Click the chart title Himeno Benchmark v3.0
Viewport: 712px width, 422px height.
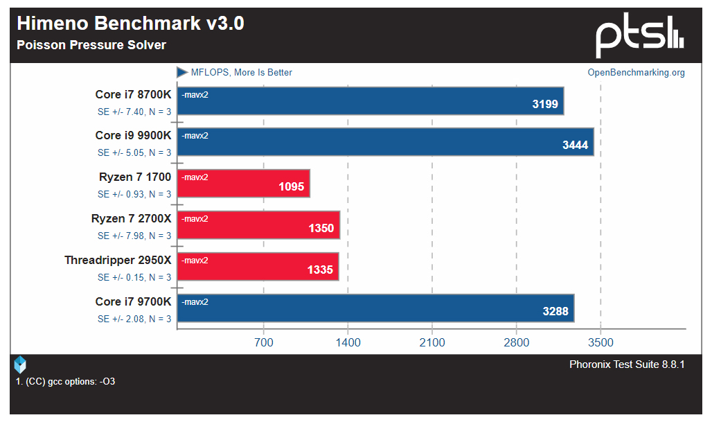click(130, 24)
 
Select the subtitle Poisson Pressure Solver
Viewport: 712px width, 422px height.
click(91, 45)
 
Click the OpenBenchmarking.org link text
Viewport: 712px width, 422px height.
click(636, 73)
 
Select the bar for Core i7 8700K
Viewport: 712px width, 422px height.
click(371, 100)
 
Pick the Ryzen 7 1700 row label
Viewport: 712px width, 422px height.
click(135, 177)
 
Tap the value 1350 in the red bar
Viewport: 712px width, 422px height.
click(321, 229)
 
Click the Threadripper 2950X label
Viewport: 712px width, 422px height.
click(118, 261)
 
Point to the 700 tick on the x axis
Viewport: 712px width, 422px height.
click(263, 342)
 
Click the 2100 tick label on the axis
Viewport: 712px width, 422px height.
click(432, 342)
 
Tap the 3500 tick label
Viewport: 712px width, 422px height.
click(600, 342)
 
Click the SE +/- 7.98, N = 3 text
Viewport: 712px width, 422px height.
click(134, 236)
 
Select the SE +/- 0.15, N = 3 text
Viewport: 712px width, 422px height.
click(134, 277)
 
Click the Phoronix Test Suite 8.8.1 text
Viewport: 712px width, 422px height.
click(627, 364)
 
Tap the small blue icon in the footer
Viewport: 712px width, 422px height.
click(20, 364)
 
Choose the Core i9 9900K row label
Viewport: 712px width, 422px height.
click(133, 136)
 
